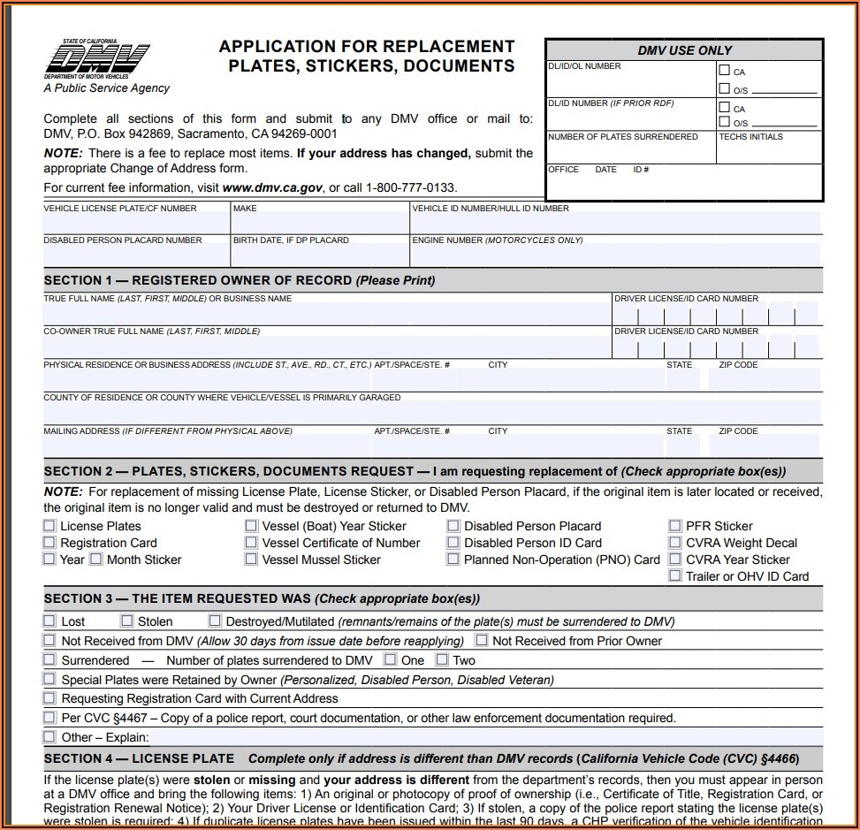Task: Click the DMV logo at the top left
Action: (97, 60)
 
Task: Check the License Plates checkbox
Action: (49, 526)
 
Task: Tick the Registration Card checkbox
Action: (49, 543)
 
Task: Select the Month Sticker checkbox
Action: (95, 560)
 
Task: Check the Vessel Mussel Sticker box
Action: (252, 560)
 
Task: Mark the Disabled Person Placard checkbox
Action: (453, 526)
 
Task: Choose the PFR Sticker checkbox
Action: (675, 526)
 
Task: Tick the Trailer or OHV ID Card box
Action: (675, 576)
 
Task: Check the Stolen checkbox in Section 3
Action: (127, 621)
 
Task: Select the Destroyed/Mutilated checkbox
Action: (215, 621)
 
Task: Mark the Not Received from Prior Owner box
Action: (482, 640)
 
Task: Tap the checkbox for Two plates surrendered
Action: (442, 660)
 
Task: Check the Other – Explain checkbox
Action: (49, 737)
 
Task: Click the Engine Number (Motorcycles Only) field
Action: (615, 255)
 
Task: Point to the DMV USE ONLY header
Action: (684, 50)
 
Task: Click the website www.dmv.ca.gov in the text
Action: (272, 187)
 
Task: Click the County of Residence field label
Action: (222, 398)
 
